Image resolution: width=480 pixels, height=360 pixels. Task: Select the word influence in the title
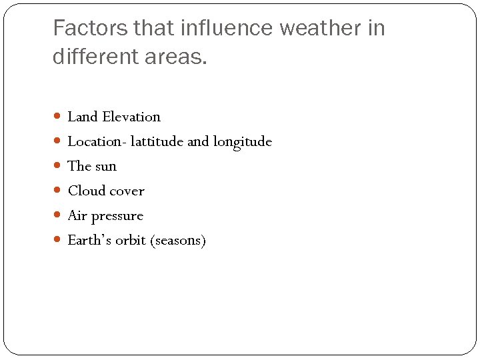217,29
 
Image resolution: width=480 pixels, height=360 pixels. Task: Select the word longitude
243,142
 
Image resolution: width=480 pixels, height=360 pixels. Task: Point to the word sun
105,167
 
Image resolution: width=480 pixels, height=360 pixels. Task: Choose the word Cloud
87,191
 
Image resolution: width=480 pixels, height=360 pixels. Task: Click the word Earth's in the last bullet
89,240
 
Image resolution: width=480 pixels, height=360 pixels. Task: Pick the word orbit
131,240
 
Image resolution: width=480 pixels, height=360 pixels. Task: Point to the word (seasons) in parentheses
179,241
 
